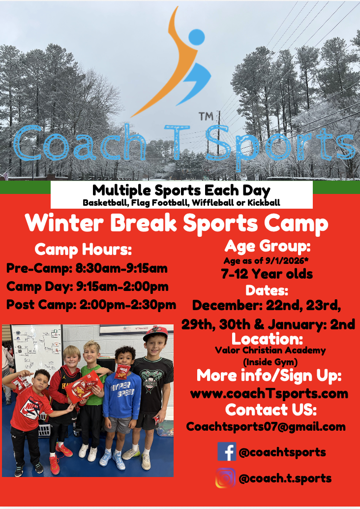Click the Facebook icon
(x=227, y=451)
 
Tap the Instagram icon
(x=225, y=478)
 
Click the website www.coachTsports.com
(x=269, y=393)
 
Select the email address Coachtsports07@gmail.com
(x=266, y=427)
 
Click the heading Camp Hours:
(x=83, y=250)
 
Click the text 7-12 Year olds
(x=267, y=274)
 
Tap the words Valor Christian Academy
(x=270, y=350)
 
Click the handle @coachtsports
(x=282, y=452)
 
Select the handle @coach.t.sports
(x=285, y=478)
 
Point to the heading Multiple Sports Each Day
(x=181, y=189)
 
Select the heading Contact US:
(x=271, y=410)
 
